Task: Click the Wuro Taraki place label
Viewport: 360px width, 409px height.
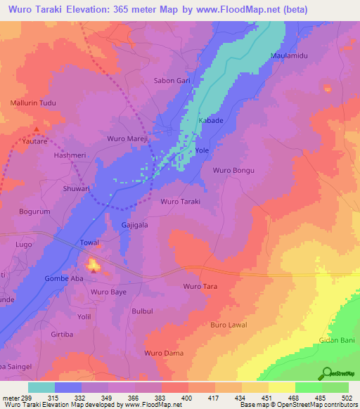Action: [181, 202]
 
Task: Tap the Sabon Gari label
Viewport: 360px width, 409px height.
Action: [172, 81]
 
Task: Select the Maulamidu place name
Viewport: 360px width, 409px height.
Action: [288, 56]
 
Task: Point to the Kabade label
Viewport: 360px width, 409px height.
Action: [212, 121]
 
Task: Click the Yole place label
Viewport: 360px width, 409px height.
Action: [202, 151]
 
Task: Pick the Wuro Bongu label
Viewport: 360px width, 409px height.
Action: [233, 171]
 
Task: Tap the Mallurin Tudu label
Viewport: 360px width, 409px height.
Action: [32, 104]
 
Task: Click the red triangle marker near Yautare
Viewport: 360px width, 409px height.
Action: [37, 129]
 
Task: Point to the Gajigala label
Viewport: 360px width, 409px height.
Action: [135, 225]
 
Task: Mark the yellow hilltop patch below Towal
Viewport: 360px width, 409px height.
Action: [93, 265]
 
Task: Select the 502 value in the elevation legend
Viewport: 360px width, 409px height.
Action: [347, 398]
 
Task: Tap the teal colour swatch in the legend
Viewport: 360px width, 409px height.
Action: [41, 387]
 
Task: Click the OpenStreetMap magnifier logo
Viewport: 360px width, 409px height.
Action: [328, 372]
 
